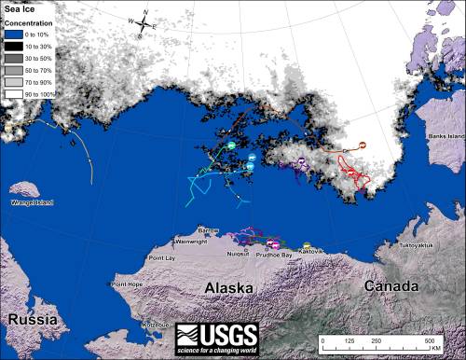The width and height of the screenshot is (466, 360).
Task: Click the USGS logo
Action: pyautogui.click(x=217, y=337)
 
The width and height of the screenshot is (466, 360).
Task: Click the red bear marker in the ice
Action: pyautogui.click(x=362, y=145)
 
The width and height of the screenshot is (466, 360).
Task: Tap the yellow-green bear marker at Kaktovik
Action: pyautogui.click(x=307, y=245)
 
